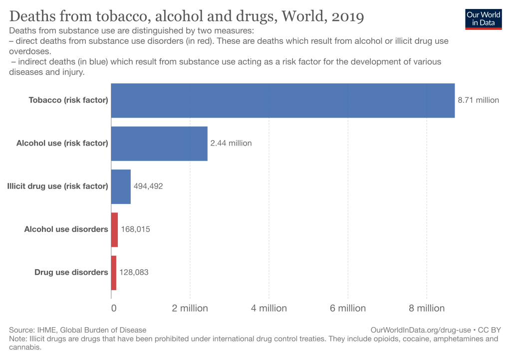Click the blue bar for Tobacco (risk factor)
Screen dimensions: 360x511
point(282,100)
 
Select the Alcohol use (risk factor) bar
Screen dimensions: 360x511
point(159,144)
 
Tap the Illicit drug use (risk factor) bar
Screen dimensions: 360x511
point(121,186)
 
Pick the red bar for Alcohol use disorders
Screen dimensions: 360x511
point(114,229)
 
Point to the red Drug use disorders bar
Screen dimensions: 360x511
point(114,273)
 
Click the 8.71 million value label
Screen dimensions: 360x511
point(478,100)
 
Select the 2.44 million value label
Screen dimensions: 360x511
point(231,144)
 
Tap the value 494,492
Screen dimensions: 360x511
point(148,186)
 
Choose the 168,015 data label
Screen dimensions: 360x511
point(135,230)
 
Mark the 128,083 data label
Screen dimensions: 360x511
point(134,273)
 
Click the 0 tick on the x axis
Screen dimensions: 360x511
point(114,308)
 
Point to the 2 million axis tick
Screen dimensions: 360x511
point(190,308)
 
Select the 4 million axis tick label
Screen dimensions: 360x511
point(268,308)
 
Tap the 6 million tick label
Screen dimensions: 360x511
point(347,308)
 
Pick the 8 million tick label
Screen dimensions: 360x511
point(426,308)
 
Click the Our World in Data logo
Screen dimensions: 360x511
point(483,18)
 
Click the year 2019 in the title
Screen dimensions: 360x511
point(345,16)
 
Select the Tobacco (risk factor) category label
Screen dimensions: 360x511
point(68,100)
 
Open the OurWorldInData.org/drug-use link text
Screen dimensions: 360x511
point(422,330)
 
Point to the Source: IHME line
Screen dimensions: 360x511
point(78,330)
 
